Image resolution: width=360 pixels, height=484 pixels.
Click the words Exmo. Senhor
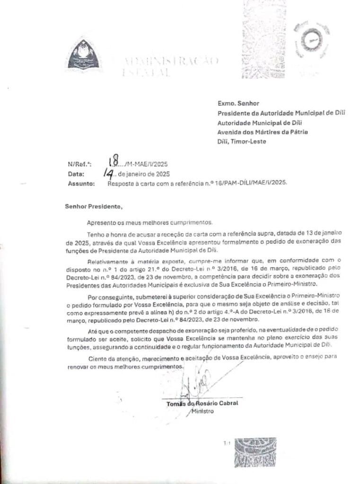[x=238, y=103]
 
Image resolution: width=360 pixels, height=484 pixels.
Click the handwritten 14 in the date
[x=109, y=174]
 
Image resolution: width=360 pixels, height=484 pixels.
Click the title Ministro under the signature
[x=202, y=411]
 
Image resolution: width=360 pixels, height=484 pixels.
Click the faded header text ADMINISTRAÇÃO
[x=170, y=61]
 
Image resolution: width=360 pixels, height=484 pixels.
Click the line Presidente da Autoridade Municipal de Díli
[x=281, y=113]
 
